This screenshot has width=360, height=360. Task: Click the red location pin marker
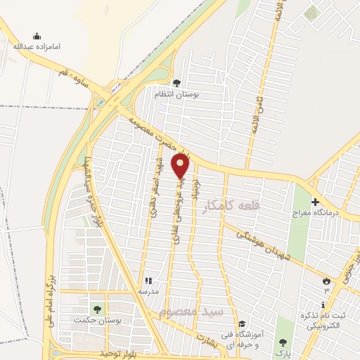tap(181, 167)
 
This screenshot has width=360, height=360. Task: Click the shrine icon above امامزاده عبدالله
tap(37, 36)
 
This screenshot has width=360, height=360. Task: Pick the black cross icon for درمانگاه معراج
tap(315, 201)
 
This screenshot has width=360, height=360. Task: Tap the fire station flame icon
tap(326, 281)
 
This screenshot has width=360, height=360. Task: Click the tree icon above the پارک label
tap(283, 342)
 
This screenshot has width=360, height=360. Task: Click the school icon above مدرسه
tap(148, 281)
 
